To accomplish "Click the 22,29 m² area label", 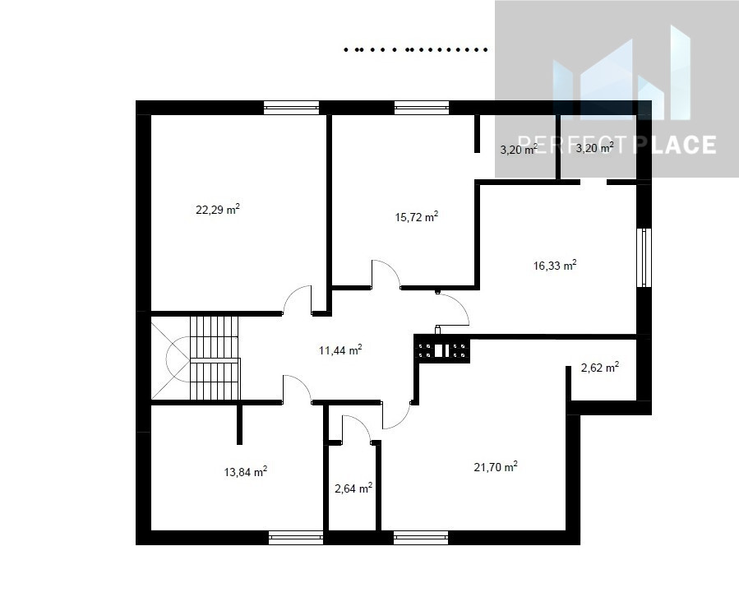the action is [218, 210].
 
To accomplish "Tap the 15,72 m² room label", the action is [417, 217].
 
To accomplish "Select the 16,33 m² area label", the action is [555, 266].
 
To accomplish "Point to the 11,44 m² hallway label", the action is [340, 350].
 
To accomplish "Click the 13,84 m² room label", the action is [246, 471].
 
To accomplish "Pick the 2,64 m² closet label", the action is [353, 488].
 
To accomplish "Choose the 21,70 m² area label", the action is [496, 467].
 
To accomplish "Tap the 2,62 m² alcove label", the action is [599, 368].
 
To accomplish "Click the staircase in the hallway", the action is [204, 358].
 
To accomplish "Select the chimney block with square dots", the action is [441, 349].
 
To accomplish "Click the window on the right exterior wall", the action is [644, 257].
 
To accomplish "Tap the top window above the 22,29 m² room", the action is [291, 108].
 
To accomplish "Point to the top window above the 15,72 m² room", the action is [422, 108].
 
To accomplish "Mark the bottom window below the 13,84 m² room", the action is [296, 538].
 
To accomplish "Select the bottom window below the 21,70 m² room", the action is [421, 538].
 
